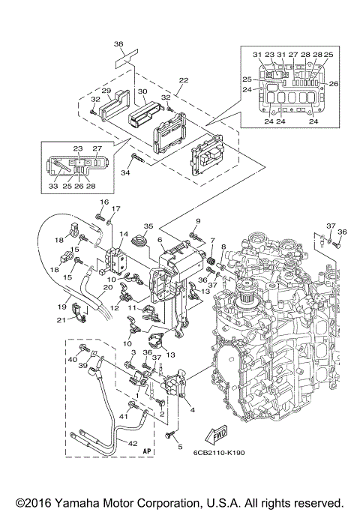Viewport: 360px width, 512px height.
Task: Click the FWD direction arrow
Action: click(x=217, y=435)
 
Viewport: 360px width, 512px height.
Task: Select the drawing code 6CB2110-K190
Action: click(x=218, y=453)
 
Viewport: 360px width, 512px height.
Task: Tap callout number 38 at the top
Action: click(x=118, y=43)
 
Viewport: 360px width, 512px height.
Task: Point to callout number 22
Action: click(x=184, y=80)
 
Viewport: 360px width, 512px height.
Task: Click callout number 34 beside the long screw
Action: click(x=126, y=172)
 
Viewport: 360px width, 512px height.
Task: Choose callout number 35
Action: click(x=148, y=226)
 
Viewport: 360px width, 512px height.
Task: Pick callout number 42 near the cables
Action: click(x=133, y=444)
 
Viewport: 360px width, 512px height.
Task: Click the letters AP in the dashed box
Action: click(x=148, y=451)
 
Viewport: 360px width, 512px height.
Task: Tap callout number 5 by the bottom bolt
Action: click(x=180, y=447)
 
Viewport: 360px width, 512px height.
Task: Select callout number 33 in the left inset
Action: click(x=53, y=186)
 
